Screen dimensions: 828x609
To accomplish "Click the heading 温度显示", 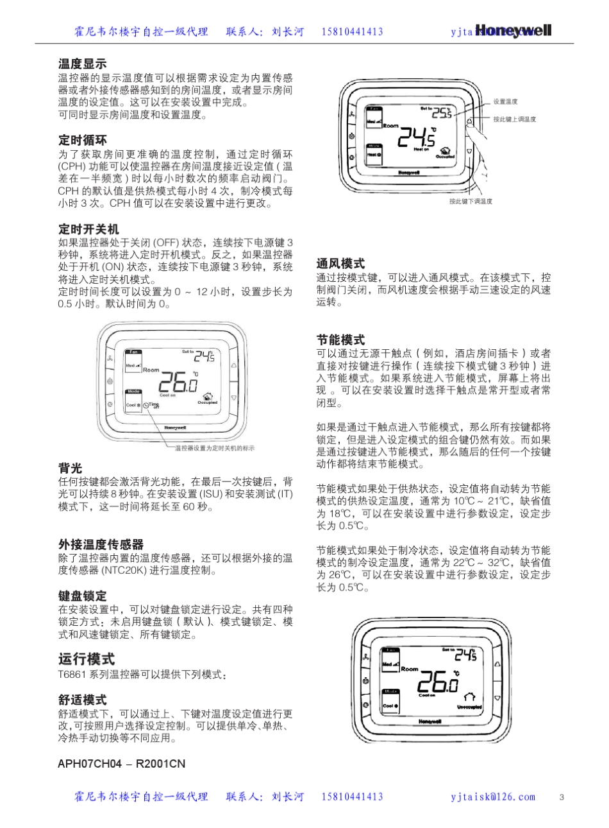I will coord(83,64).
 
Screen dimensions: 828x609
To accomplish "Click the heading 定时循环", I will coord(83,141).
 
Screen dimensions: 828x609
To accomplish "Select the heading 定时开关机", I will coord(88,229).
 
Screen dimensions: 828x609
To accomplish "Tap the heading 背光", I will coord(71,469).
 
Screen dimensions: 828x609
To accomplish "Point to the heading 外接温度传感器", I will coord(101,545).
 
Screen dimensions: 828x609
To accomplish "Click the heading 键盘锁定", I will coord(83,596).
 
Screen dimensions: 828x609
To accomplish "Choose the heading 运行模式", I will coord(87,659).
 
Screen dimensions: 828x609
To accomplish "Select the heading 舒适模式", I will coord(83,700).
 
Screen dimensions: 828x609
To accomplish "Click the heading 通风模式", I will coord(340,264).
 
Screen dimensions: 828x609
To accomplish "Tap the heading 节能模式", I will coord(340,340).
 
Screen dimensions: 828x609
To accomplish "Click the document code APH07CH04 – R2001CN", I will coord(121,764).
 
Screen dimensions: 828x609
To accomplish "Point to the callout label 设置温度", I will coord(505,102).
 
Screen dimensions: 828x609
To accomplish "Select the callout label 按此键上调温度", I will coord(514,119).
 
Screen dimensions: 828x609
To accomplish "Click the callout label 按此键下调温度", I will coord(471,202).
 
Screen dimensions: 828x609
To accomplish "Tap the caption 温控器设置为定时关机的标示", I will coord(214,448).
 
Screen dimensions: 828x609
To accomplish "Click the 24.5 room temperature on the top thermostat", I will coord(416,137).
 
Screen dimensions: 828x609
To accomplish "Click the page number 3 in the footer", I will coord(562,797).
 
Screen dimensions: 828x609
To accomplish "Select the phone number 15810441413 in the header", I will coord(352,31).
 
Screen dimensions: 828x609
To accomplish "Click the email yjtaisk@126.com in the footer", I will coord(493,797).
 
